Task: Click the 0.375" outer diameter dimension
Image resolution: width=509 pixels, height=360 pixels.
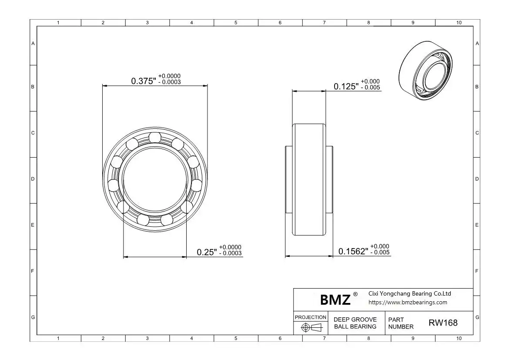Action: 144,81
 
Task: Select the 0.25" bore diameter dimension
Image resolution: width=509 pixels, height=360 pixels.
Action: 207,252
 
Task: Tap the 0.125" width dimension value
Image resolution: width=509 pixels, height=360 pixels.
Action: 346,87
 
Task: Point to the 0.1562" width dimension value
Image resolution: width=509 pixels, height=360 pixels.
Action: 353,251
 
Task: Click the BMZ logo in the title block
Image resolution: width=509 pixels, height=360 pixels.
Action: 335,299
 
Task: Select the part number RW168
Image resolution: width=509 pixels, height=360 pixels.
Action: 443,323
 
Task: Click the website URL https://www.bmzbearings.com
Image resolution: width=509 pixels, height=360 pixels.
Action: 408,303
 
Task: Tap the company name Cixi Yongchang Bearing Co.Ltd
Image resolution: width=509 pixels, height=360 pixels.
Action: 410,293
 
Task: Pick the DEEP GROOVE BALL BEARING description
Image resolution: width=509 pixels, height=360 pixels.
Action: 355,323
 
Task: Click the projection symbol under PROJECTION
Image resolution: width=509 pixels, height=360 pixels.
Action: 311,327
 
